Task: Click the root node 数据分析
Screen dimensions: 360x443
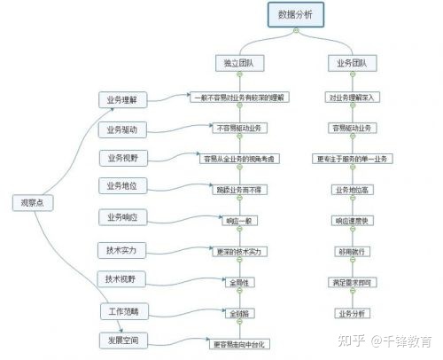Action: tap(295, 15)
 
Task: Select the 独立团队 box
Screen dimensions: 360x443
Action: tap(238, 64)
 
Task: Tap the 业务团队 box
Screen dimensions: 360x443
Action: tap(353, 64)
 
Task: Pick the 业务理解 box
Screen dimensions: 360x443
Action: tap(122, 98)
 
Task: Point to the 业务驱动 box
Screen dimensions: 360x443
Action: tap(122, 129)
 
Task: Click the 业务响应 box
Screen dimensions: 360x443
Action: tap(122, 216)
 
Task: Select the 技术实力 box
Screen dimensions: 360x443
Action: tap(122, 251)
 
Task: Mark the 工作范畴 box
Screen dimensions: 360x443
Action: tap(122, 312)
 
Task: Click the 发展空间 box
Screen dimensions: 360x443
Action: tap(122, 340)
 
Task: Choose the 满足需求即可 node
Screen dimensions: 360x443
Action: tap(353, 282)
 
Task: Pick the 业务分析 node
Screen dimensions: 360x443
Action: tap(353, 314)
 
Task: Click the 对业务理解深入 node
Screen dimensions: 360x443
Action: tap(353, 98)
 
